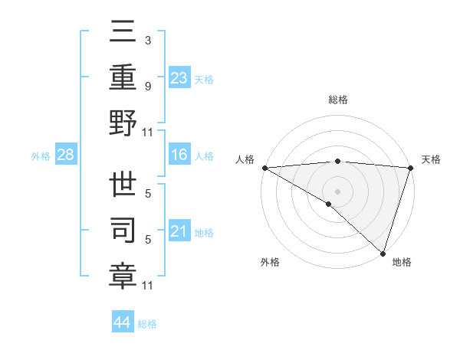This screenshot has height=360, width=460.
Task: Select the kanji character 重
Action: [123, 77]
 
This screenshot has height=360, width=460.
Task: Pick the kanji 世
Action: [123, 184]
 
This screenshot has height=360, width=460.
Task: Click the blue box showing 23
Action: [179, 77]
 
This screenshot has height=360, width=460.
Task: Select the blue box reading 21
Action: [179, 231]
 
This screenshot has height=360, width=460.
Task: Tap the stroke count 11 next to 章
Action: [148, 286]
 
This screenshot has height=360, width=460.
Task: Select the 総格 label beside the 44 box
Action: [147, 324]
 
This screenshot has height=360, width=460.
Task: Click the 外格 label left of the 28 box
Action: [41, 156]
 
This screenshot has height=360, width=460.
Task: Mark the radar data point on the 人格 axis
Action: [264, 168]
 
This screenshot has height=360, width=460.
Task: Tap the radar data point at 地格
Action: [383, 253]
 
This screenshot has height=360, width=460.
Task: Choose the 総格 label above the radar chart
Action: [337, 100]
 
